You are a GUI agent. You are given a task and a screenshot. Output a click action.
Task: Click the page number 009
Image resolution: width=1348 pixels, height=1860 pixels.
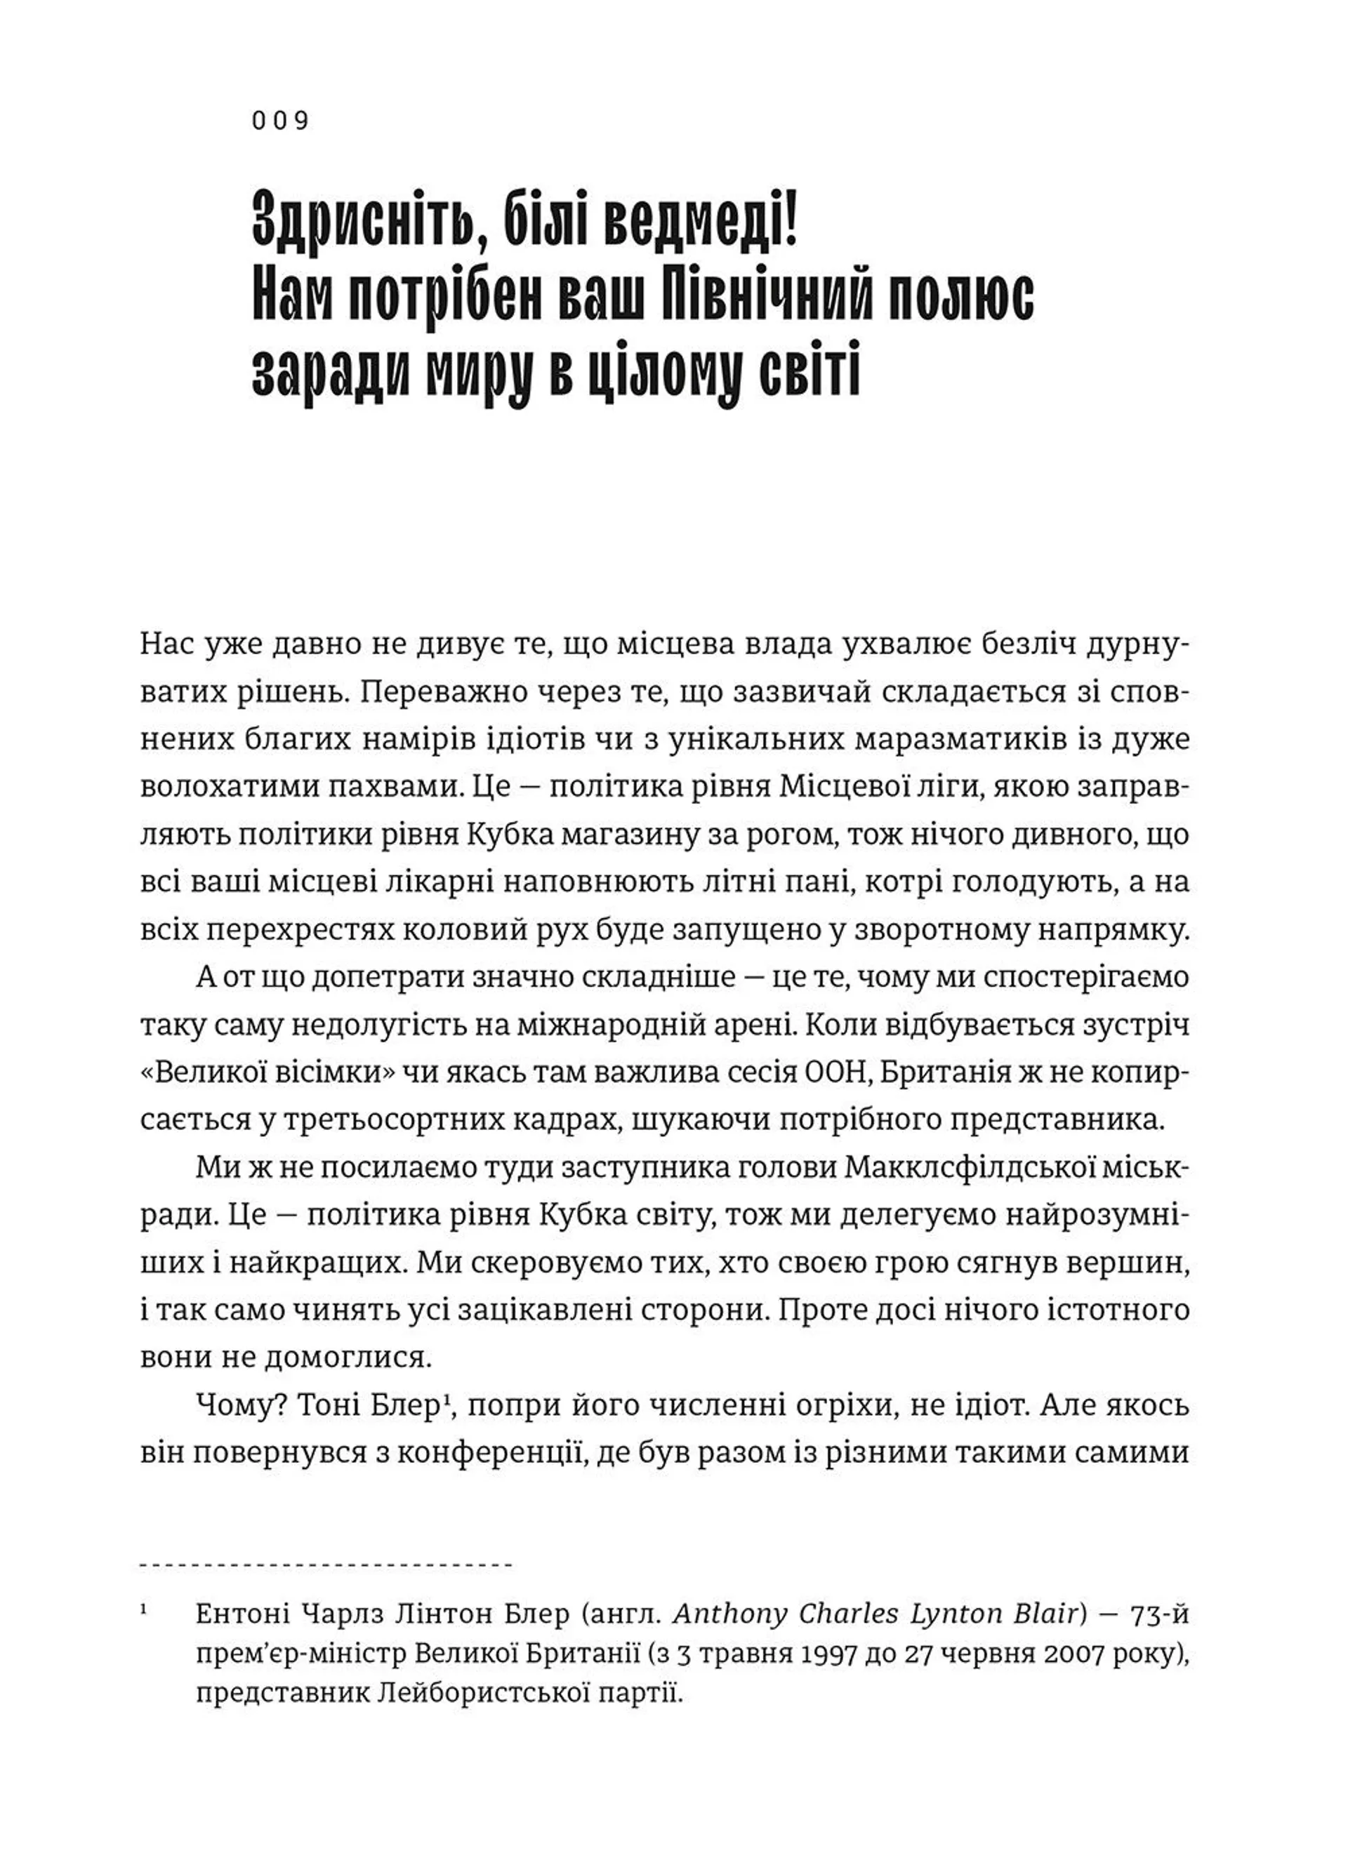(279, 121)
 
